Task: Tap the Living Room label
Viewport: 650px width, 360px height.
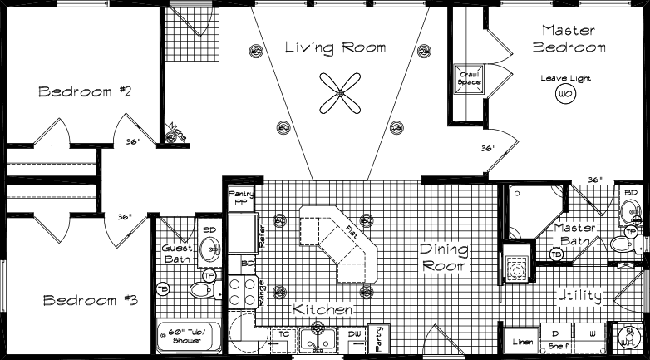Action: [335, 47]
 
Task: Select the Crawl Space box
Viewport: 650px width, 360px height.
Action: [469, 79]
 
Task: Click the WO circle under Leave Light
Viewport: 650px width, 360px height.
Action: [565, 94]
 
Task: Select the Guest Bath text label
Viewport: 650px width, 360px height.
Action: [177, 253]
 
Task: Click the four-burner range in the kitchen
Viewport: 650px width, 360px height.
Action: [241, 293]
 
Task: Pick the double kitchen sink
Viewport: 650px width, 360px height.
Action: [319, 339]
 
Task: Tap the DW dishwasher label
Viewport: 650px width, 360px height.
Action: [355, 333]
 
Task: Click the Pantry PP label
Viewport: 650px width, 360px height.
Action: [240, 197]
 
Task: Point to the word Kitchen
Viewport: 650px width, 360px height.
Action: [323, 309]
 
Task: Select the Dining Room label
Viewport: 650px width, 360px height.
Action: [443, 258]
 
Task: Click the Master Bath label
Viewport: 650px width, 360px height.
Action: [574, 234]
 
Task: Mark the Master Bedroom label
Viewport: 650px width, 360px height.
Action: [569, 38]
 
